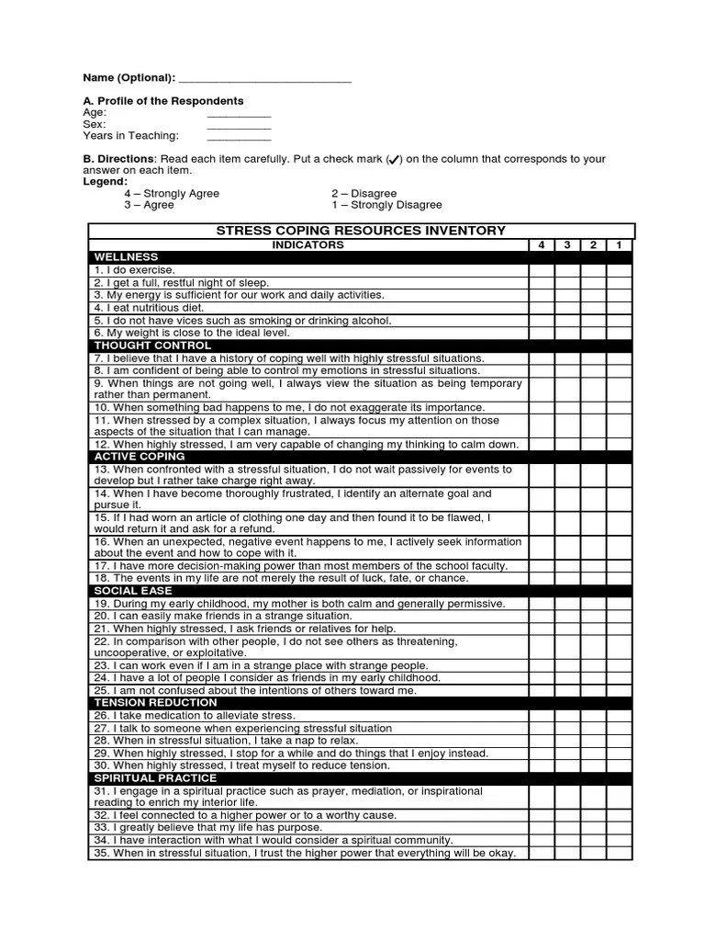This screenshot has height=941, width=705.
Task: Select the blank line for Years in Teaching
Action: [239, 138]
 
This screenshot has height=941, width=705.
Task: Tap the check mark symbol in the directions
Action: [393, 160]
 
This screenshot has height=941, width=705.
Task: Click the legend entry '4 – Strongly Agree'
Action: [172, 194]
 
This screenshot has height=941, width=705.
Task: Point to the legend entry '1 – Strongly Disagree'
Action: [386, 205]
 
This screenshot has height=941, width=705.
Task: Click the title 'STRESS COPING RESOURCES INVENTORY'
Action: [361, 231]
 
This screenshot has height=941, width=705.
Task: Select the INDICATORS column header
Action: [308, 245]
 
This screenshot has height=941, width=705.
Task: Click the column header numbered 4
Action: [541, 245]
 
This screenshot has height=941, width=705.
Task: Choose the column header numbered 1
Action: [619, 245]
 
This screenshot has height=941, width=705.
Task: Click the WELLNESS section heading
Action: [126, 257]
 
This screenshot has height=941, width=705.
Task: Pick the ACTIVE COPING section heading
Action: [139, 457]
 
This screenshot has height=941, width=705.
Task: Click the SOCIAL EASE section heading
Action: [132, 591]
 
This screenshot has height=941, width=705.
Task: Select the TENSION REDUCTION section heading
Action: [155, 703]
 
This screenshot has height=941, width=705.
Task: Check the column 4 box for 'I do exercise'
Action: [541, 270]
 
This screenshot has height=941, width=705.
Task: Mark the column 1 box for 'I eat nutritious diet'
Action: [619, 308]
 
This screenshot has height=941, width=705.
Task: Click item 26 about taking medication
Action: [194, 715]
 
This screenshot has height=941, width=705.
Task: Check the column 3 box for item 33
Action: [566, 828]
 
